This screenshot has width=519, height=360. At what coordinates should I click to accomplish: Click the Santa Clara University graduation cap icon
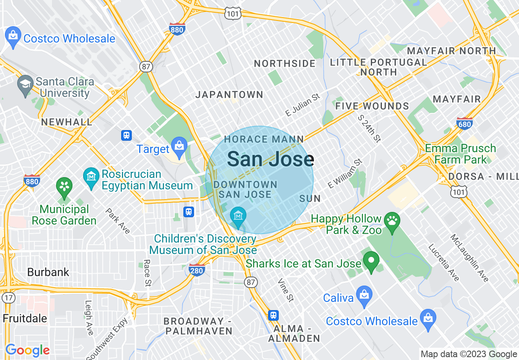tap(25, 85)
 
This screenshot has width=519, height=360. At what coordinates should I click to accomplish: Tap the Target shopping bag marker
tap(179, 147)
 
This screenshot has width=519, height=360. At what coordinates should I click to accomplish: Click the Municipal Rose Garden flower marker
tap(64, 187)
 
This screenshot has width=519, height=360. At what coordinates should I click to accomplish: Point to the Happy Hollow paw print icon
tap(392, 221)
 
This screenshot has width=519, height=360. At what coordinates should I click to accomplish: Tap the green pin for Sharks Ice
tap(371, 261)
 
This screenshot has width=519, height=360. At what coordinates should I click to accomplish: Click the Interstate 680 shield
tap(464, 123)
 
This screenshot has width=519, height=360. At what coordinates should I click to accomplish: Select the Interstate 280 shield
tap(197, 269)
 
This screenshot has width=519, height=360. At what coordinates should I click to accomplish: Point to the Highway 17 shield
tap(8, 297)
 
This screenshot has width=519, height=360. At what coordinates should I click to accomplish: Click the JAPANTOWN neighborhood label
tap(229, 95)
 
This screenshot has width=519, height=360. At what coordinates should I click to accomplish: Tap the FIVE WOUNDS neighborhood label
tap(372, 106)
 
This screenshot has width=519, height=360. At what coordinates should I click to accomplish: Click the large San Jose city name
tap(271, 159)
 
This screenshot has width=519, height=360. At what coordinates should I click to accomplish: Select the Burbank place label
tap(48, 272)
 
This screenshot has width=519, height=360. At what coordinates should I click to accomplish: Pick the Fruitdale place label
tap(25, 318)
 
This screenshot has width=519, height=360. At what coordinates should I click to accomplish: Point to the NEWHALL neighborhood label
tap(67, 122)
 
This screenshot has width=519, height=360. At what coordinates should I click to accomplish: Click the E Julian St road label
tap(302, 105)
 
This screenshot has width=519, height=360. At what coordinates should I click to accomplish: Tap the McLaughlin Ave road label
tap(469, 258)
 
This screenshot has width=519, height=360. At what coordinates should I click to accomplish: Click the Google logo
tap(27, 350)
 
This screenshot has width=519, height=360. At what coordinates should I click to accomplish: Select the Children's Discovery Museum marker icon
tap(238, 216)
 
